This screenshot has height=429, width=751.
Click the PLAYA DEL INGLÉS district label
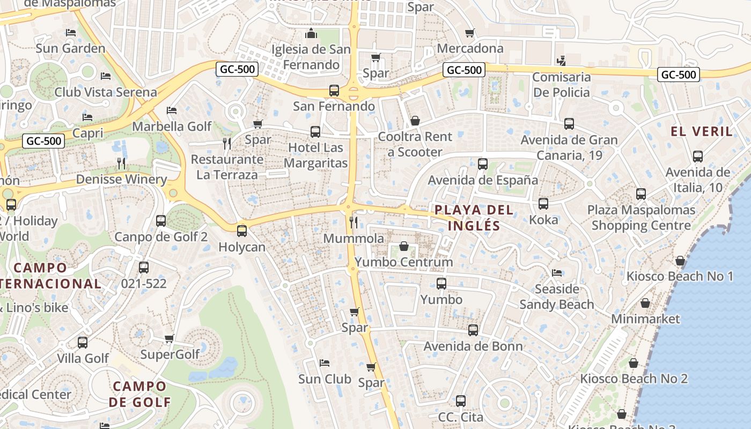(x=474, y=218)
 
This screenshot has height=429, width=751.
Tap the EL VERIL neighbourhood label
(x=702, y=131)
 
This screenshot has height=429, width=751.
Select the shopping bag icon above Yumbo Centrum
(x=404, y=246)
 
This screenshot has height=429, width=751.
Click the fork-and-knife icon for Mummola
(x=354, y=222)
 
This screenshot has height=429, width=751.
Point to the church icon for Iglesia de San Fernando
(x=311, y=34)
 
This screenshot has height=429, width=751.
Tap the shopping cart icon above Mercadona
(x=470, y=33)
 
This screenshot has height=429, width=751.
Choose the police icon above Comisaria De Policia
(x=561, y=61)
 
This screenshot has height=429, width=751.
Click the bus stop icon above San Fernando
(x=334, y=91)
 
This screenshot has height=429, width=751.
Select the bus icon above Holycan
(x=242, y=231)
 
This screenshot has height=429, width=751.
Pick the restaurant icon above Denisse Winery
(x=122, y=163)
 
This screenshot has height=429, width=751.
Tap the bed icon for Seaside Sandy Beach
(x=557, y=273)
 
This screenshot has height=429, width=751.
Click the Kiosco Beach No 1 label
(x=680, y=277)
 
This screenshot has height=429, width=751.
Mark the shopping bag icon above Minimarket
(x=645, y=303)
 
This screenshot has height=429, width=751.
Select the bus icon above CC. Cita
(x=460, y=401)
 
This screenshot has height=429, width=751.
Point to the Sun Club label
(x=325, y=379)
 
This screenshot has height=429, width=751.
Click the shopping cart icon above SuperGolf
(x=170, y=338)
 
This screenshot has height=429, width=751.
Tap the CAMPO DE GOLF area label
(x=139, y=394)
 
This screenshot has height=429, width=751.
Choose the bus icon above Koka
(x=543, y=204)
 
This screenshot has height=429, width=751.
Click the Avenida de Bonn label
(x=473, y=346)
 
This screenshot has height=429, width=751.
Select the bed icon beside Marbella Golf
(x=172, y=110)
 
